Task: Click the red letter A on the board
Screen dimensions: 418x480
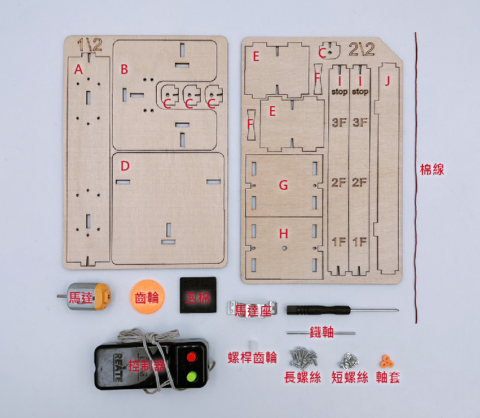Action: [x=78, y=69]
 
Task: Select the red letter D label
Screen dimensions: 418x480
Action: [x=125, y=166]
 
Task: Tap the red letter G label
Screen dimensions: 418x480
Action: [x=283, y=185]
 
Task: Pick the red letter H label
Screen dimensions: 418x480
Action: [x=283, y=233]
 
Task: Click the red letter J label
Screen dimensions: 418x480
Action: [x=387, y=81]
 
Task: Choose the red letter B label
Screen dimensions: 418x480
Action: [x=124, y=69]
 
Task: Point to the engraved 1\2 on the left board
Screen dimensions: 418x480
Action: [x=90, y=46]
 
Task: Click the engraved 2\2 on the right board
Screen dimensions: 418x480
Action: [x=362, y=49]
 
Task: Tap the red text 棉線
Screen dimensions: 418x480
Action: [x=432, y=169]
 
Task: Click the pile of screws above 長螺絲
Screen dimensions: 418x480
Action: [x=303, y=356]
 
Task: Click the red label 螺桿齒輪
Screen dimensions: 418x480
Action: [x=252, y=358]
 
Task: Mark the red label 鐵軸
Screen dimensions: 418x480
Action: [x=322, y=333]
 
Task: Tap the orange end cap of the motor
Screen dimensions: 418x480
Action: [x=102, y=295]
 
